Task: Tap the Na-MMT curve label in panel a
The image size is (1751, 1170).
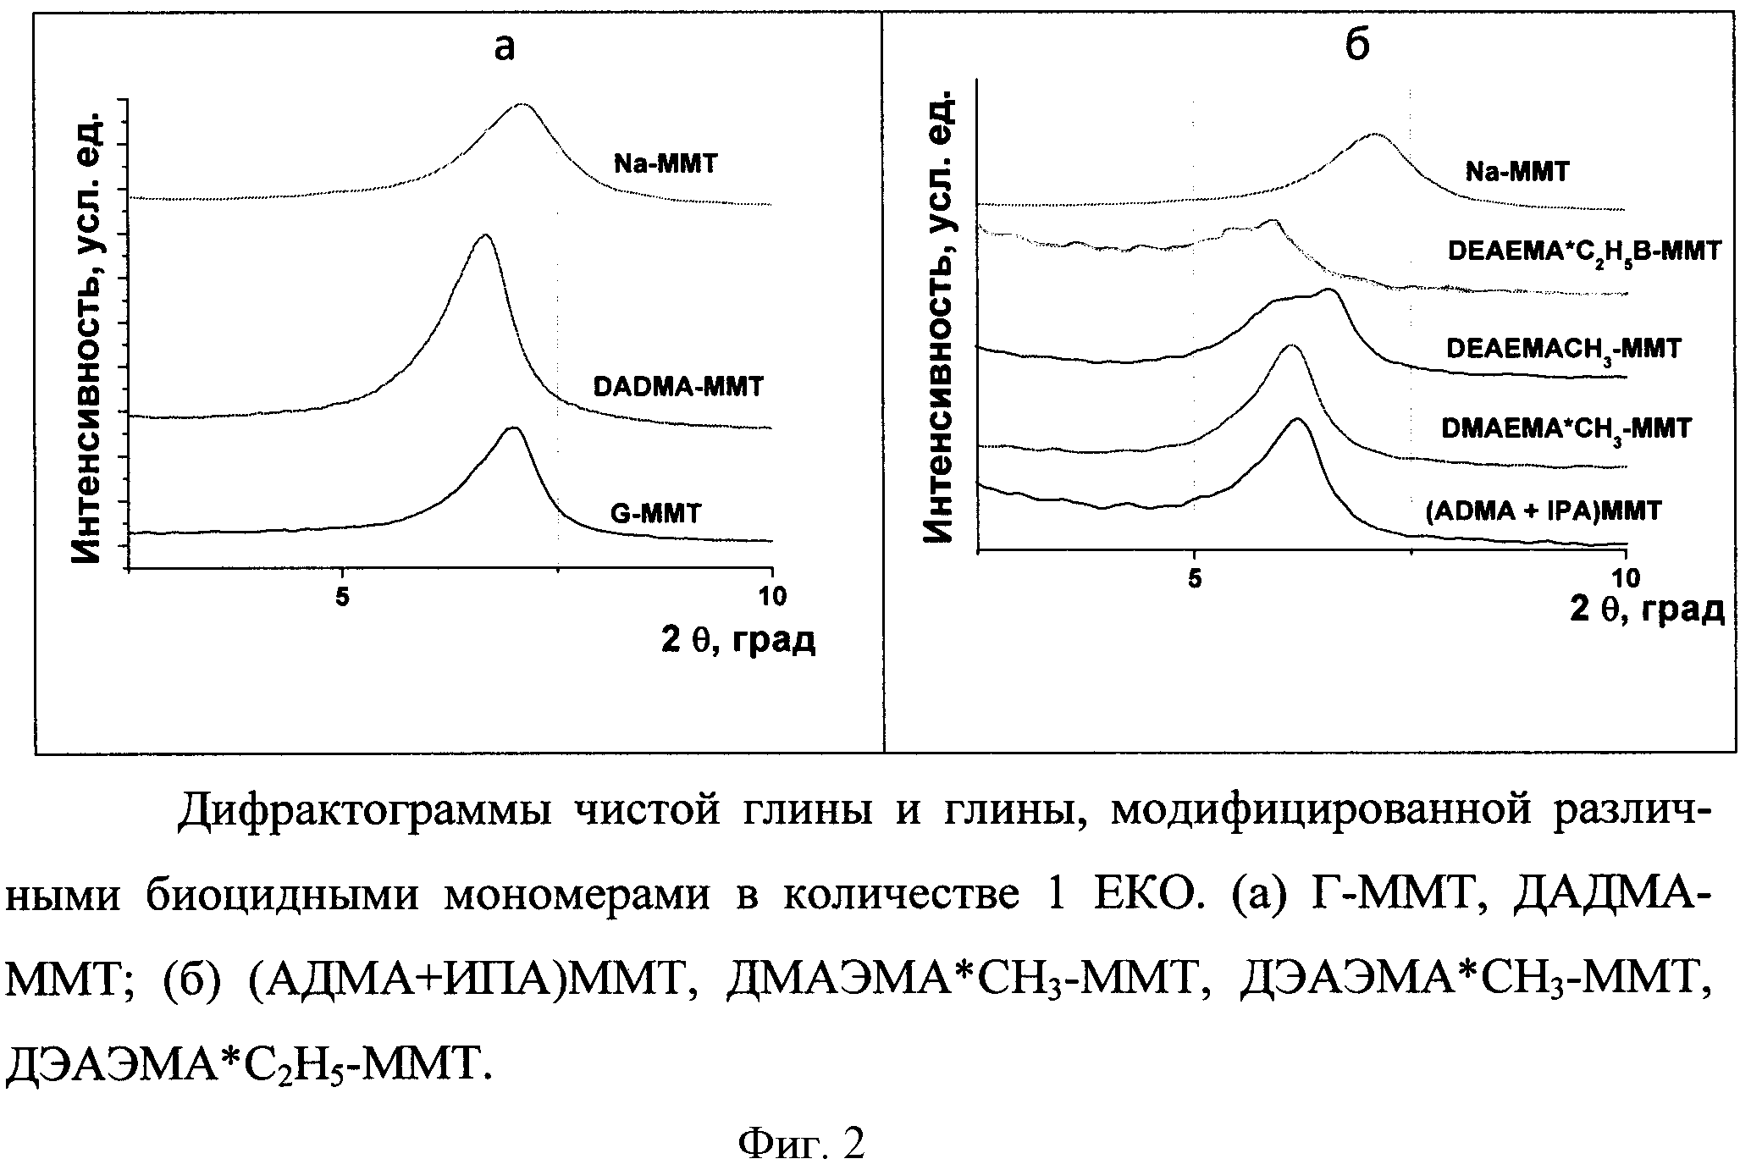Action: (x=665, y=163)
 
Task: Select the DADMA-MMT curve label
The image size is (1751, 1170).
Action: (x=678, y=387)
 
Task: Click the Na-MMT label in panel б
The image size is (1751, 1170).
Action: (x=1517, y=172)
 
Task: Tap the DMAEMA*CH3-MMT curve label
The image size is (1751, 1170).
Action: (x=1566, y=428)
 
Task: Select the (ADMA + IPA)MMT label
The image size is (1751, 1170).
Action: (x=1544, y=510)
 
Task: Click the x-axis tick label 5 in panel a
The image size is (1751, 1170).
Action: (x=342, y=598)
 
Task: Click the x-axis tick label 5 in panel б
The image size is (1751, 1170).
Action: (x=1193, y=579)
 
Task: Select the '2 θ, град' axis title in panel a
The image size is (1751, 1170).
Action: (x=738, y=640)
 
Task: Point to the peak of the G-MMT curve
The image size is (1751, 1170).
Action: (x=513, y=428)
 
